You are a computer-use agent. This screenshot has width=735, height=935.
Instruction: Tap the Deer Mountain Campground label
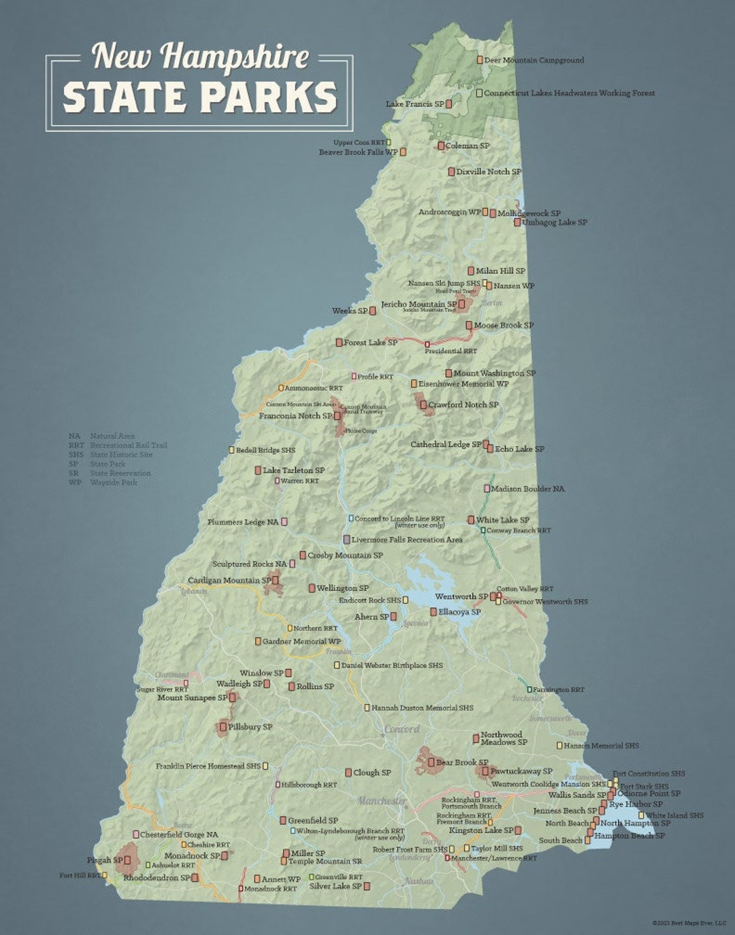click(x=534, y=61)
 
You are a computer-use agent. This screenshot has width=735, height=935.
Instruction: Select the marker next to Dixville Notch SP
click(x=451, y=172)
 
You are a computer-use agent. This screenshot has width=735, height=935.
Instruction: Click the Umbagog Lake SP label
click(x=554, y=222)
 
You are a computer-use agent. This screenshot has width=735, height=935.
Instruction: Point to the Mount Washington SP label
click(x=494, y=373)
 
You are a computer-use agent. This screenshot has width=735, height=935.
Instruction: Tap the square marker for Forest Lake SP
click(x=339, y=343)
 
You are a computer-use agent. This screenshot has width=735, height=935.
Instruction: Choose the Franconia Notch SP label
click(x=295, y=416)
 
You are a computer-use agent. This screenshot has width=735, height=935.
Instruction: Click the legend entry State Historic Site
click(x=121, y=455)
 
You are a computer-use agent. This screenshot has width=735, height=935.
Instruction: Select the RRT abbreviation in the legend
click(x=76, y=445)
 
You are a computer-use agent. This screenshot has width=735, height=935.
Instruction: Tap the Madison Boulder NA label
click(x=527, y=489)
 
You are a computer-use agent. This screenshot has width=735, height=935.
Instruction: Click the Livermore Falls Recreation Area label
click(x=407, y=540)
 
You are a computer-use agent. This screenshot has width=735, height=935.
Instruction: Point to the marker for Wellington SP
click(x=312, y=588)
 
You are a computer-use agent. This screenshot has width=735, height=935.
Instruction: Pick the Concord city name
click(x=402, y=729)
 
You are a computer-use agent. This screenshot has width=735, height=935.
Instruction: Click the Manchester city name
click(x=382, y=801)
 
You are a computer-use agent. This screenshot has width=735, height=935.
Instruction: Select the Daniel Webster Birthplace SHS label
click(x=392, y=666)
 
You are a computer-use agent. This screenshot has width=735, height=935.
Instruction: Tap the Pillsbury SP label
click(x=250, y=727)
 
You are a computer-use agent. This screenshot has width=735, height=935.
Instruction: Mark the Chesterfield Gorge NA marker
click(x=136, y=834)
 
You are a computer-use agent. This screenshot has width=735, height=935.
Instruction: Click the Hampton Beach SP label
click(x=630, y=836)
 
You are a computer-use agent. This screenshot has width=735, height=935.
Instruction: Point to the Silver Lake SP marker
click(x=367, y=886)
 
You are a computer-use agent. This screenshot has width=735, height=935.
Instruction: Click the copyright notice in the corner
click(x=689, y=923)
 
